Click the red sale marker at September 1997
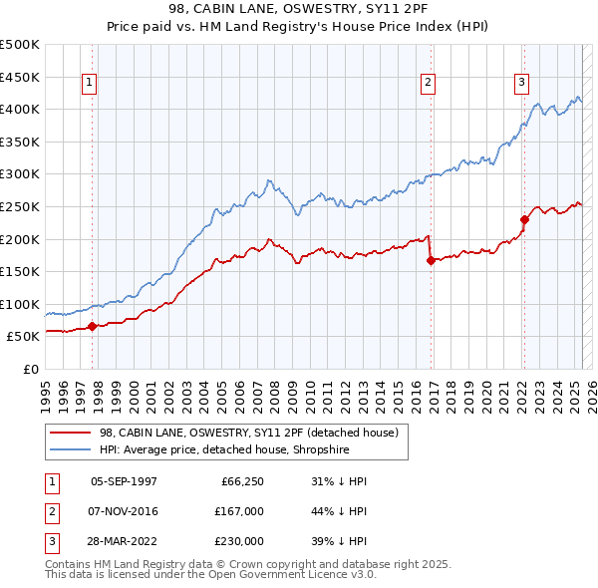click(92, 326)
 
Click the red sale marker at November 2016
click(430, 261)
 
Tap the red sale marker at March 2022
click(524, 220)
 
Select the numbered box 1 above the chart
click(90, 83)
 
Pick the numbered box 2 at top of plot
click(428, 83)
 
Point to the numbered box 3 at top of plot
click(521, 83)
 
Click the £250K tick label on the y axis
click(21, 206)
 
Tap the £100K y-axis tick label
click(21, 304)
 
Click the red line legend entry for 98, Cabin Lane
click(249, 433)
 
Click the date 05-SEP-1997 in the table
click(124, 481)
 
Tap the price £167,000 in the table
click(240, 511)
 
